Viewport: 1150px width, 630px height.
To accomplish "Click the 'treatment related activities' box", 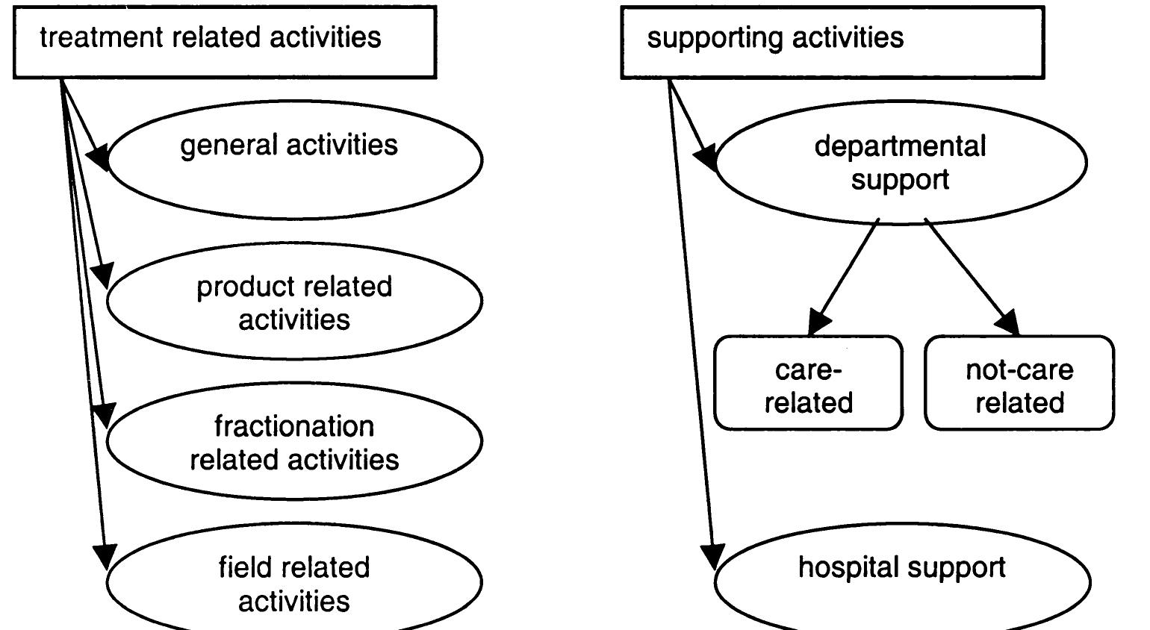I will pyautogui.click(x=224, y=41).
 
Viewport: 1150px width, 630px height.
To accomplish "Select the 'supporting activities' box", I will pyautogui.click(x=832, y=41).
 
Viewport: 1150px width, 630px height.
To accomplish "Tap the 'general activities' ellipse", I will pyautogui.click(x=295, y=160).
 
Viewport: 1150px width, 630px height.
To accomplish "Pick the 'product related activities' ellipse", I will pyautogui.click(x=294, y=302).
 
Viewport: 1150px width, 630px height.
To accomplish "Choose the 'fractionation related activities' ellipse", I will pyautogui.click(x=294, y=442).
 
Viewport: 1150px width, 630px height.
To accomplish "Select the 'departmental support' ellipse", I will pyautogui.click(x=901, y=163).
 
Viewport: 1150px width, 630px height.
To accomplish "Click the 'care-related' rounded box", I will pyautogui.click(x=808, y=384).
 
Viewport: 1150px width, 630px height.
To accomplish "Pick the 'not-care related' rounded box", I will pyautogui.click(x=1019, y=384).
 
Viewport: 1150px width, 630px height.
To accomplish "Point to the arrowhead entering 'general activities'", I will pyautogui.click(x=99, y=157).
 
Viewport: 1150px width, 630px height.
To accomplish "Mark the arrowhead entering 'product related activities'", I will pyautogui.click(x=103, y=275).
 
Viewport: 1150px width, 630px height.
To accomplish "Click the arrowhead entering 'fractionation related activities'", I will pyautogui.click(x=104, y=415).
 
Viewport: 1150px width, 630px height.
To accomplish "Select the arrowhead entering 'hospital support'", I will pyautogui.click(x=713, y=556).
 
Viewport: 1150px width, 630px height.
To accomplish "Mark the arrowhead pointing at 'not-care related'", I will pyautogui.click(x=1008, y=322).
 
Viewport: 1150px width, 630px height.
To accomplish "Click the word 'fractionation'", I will pyautogui.click(x=294, y=426).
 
